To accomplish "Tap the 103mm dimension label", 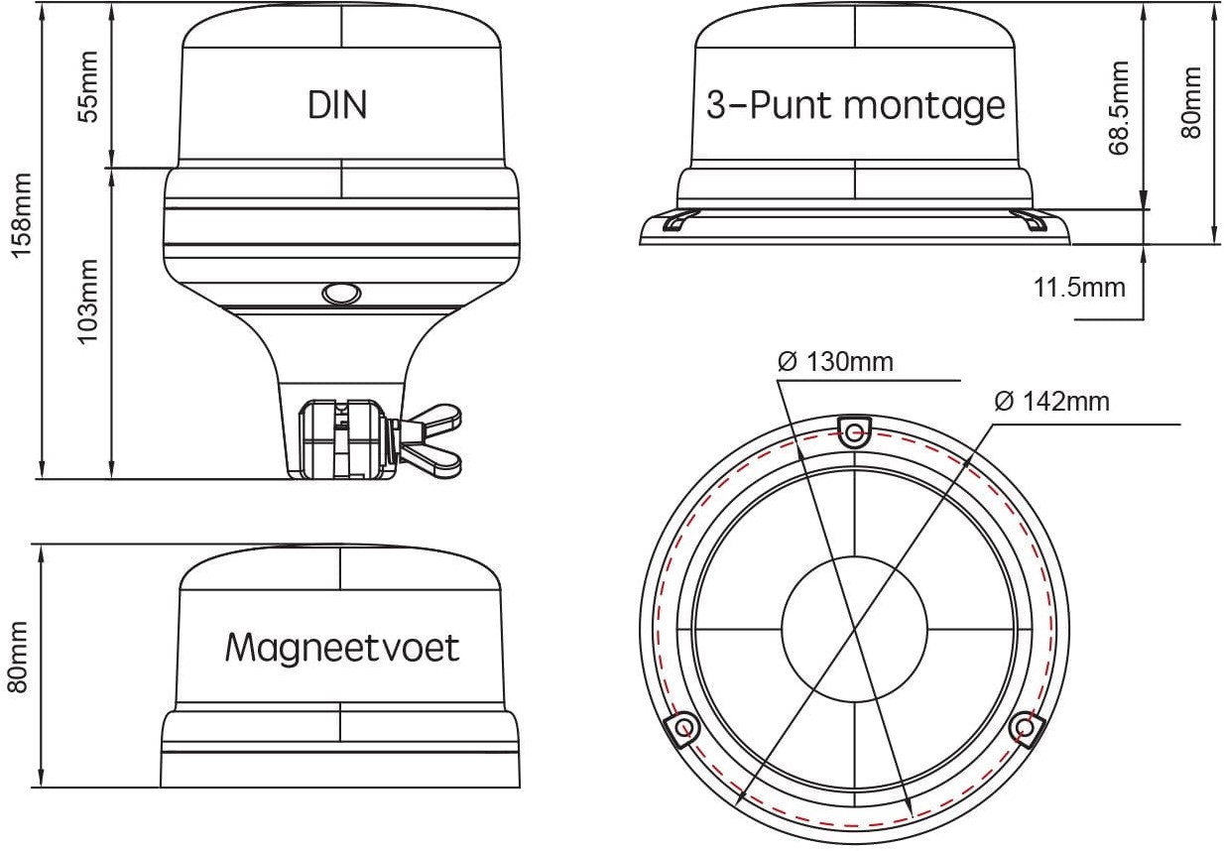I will coord(90,302).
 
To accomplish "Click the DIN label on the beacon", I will coord(337,104).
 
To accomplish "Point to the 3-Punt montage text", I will coord(855,105).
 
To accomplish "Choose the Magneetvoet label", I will coord(342,648).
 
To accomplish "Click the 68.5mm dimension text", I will coord(1120,108).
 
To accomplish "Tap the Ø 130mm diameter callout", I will coord(836,362).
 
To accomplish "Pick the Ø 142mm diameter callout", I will coord(1051,402).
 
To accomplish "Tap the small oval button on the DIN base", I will coord(339,294).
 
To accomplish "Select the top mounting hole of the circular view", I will coord(854,428).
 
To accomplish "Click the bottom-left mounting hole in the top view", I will coord(682,730).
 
